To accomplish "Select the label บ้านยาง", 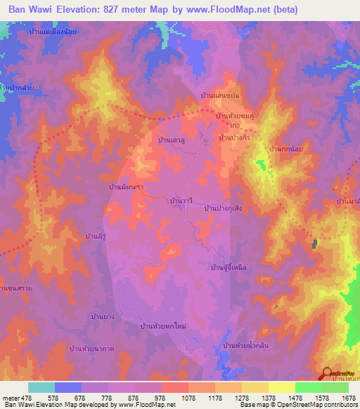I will [x=103, y=318].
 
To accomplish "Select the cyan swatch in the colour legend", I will [x=41, y=387].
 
